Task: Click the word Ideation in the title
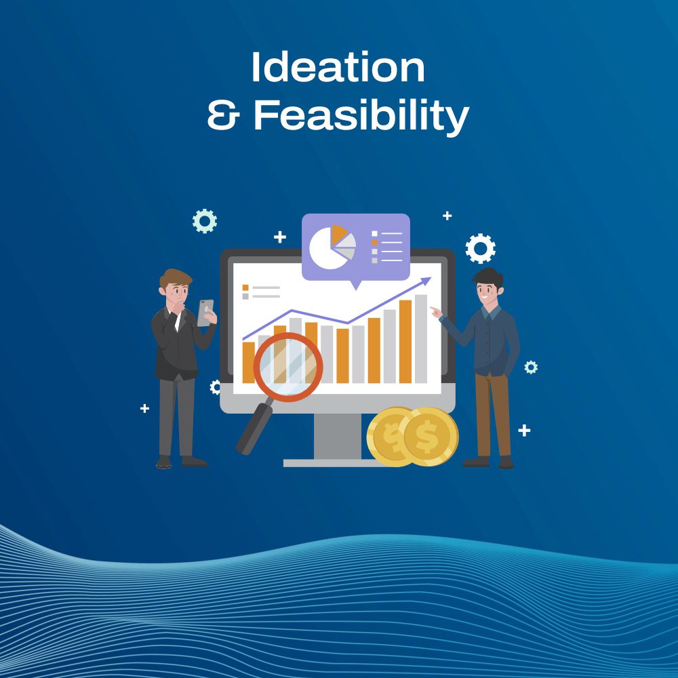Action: coord(338,68)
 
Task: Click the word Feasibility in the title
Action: coord(361,117)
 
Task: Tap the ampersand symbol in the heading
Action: coord(223,117)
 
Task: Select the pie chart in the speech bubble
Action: coord(332,247)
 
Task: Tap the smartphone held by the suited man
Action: coord(205,312)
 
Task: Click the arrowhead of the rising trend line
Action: coord(426,280)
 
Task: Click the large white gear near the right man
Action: coord(480,248)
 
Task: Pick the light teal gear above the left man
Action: coord(204,221)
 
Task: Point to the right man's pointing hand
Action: coord(435,312)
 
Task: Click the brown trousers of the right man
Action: coord(493,414)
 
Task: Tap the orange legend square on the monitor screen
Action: coord(246,287)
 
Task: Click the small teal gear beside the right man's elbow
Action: coord(530,367)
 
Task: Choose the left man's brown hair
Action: coord(176,277)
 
